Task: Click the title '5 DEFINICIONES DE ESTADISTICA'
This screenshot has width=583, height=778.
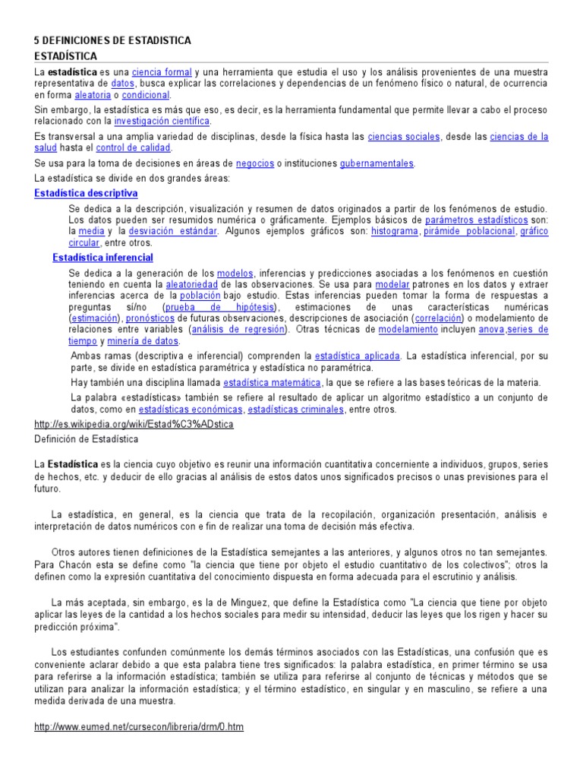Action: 113,40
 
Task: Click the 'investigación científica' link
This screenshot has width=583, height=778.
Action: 162,120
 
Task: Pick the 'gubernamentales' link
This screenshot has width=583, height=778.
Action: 377,163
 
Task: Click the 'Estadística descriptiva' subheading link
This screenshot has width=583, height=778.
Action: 87,194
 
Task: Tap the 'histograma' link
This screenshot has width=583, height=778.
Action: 394,231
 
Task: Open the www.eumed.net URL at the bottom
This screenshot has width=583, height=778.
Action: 139,726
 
